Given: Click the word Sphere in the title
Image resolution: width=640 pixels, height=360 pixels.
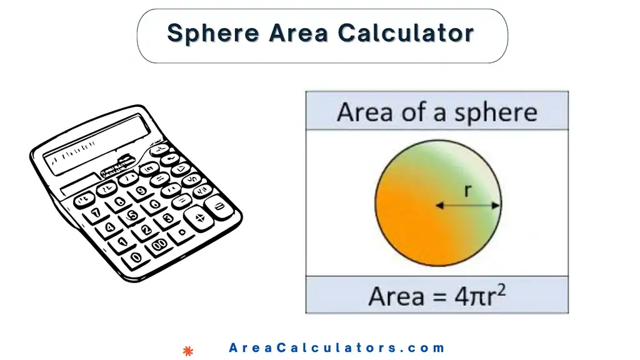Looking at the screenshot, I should (x=212, y=33).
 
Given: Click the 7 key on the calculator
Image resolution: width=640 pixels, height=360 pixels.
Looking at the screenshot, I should (x=96, y=213).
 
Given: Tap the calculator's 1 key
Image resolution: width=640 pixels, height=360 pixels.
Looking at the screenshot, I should (x=122, y=242).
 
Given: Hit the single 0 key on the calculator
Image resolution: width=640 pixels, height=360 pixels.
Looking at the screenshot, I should (x=137, y=257).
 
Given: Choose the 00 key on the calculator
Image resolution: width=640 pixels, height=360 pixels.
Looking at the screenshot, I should (x=159, y=244).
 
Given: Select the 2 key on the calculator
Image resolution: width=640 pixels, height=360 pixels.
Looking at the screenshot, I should (x=145, y=230).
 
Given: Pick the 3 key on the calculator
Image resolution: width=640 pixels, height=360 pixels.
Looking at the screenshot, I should (x=167, y=218).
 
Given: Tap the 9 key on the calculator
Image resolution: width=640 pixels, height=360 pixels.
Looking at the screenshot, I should (x=141, y=191).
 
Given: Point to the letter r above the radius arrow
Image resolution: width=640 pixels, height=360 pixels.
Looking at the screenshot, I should (x=468, y=191).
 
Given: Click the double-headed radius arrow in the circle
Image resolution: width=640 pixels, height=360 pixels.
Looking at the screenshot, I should (x=468, y=205).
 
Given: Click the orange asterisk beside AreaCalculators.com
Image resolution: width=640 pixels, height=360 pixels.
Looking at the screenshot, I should (x=186, y=351).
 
